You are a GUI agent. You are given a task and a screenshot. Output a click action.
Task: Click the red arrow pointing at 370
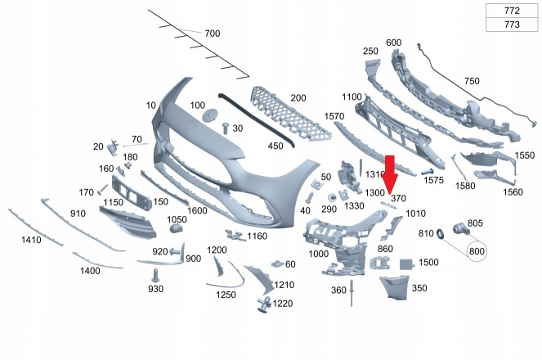[x=390, y=174]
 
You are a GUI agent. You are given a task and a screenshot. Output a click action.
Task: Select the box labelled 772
[x=512, y=11]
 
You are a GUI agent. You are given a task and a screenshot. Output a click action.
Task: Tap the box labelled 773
[x=512, y=25]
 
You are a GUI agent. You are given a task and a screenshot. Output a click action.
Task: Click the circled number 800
[x=477, y=251]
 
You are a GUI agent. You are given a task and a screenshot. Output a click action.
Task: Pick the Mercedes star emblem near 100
[x=211, y=116]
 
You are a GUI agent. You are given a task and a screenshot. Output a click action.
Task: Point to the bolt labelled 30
[x=226, y=128]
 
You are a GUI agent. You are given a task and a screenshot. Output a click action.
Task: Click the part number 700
[x=213, y=34]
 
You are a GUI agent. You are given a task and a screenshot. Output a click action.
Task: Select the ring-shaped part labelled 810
[x=441, y=234]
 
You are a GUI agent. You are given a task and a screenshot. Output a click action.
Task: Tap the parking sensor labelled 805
[x=461, y=228]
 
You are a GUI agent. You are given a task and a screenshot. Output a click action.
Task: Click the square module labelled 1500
[x=407, y=264]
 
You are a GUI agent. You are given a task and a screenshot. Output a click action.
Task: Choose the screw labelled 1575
[x=428, y=172]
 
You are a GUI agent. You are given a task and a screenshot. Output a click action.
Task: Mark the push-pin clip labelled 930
[x=155, y=275]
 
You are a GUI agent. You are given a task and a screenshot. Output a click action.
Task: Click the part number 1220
[x=282, y=304]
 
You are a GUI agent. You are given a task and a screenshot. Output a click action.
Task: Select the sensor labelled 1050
[x=177, y=228]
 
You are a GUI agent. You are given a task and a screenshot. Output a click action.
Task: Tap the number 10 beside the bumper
[x=151, y=105]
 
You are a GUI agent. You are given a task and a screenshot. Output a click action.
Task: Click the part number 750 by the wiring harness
[x=472, y=81]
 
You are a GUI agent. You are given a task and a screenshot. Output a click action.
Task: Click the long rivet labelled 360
[x=352, y=293]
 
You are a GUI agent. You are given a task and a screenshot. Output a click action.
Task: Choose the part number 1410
[x=31, y=240]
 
